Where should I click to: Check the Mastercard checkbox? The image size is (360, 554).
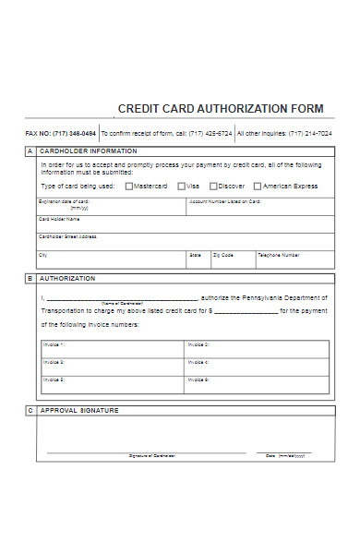[129, 186]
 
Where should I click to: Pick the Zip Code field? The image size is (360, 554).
[232, 259]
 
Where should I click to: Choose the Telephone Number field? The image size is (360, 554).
[292, 259]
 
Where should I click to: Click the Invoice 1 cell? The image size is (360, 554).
[112, 349]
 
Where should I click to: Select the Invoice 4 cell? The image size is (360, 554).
[257, 367]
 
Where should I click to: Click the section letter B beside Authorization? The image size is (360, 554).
[30, 278]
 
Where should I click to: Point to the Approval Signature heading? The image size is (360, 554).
[79, 410]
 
